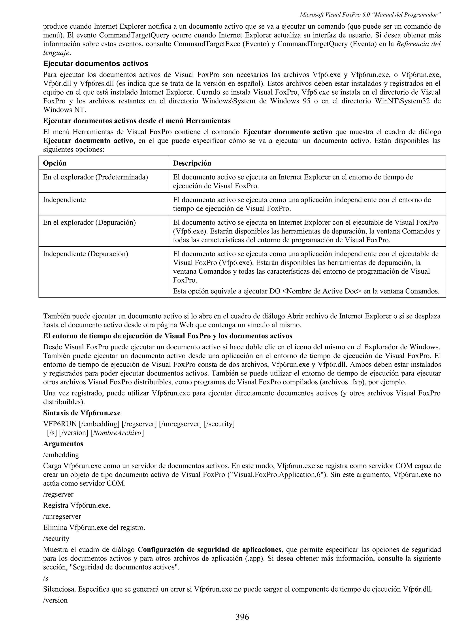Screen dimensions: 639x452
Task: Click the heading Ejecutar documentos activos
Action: coord(96,64)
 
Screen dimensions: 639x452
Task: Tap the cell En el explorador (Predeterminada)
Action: coord(95,177)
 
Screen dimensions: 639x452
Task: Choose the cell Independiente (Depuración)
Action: coord(85,254)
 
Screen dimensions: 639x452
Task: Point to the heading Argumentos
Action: coord(63,443)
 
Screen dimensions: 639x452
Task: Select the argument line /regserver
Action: coord(58,494)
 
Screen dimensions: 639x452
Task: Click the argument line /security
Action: coord(56,538)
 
